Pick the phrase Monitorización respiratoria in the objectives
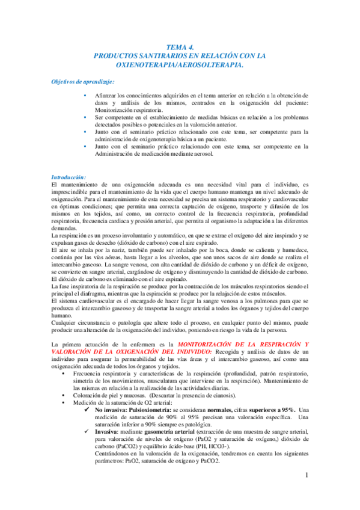tap(129, 111)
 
